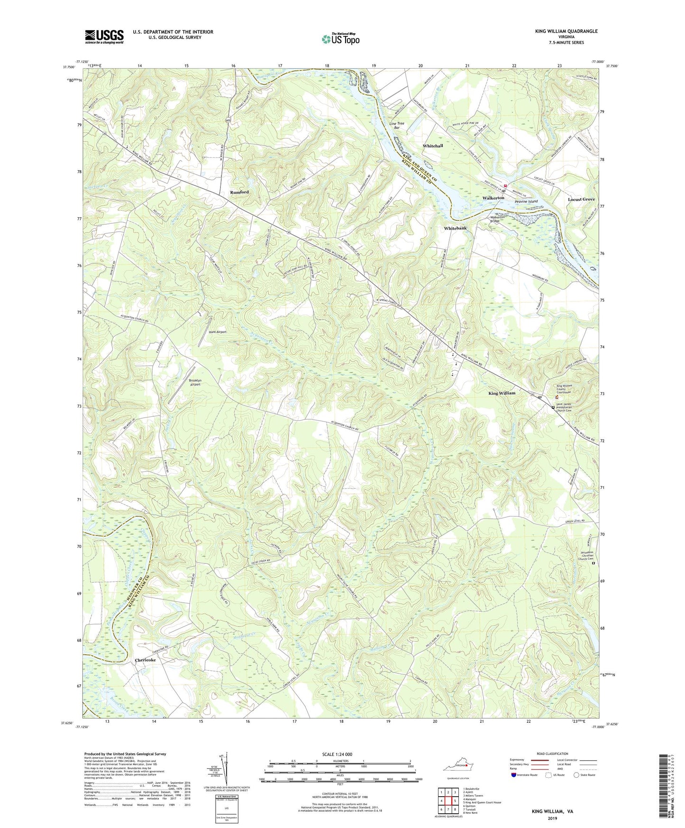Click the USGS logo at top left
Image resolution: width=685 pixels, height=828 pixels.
tap(104, 36)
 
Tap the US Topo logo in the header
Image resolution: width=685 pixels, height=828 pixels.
tap(340, 39)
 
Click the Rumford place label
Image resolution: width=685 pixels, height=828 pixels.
tap(239, 192)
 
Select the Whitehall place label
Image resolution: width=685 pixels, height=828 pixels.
tap(433, 146)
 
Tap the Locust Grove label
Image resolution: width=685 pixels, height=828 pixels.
tap(581, 199)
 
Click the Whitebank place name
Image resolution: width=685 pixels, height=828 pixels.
tap(455, 229)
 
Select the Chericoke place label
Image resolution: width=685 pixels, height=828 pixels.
tap(145, 660)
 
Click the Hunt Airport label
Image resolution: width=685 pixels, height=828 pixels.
tap(218, 332)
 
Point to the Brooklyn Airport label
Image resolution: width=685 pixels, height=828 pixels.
tap(195, 383)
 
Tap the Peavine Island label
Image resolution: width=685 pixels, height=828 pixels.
tap(526, 202)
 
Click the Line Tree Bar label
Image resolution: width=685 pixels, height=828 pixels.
tap(397, 126)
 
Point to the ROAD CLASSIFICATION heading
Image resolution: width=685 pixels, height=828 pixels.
tap(552, 754)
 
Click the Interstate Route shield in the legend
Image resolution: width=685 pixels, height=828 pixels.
tap(514, 775)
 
